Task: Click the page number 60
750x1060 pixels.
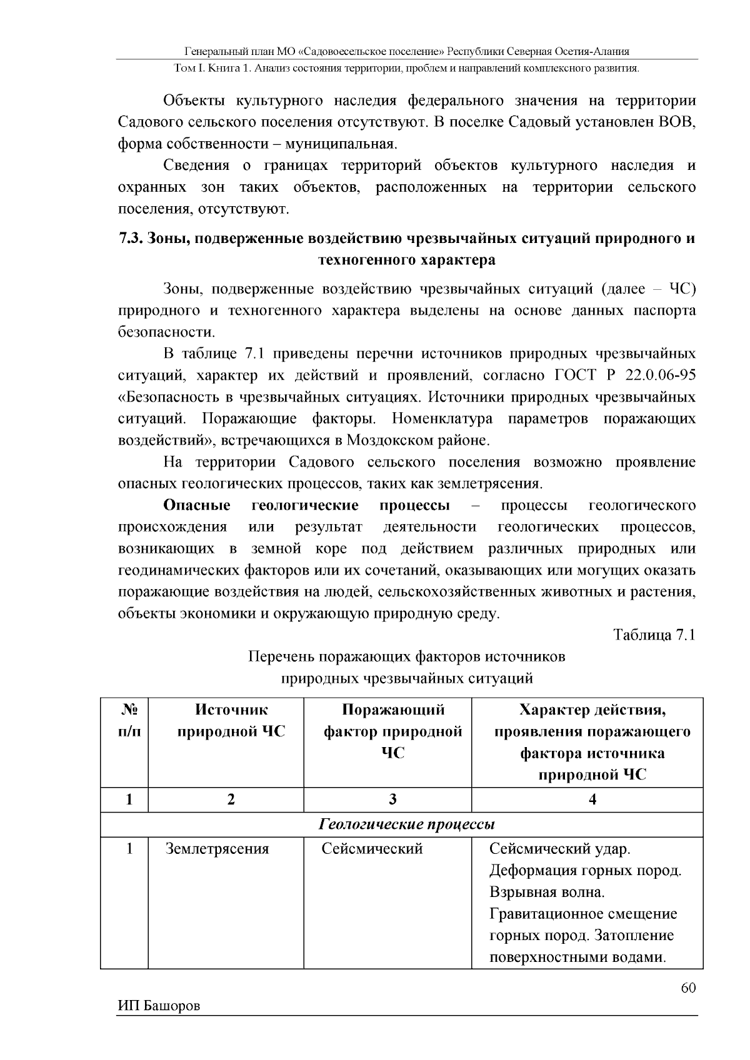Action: tap(687, 987)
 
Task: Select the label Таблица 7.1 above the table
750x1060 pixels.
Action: tap(654, 635)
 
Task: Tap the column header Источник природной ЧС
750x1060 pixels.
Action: tap(231, 721)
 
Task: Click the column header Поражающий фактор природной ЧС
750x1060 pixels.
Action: tap(392, 731)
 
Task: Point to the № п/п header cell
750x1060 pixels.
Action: tap(129, 721)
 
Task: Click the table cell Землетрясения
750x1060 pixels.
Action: tap(217, 849)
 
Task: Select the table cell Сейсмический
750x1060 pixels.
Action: tap(372, 849)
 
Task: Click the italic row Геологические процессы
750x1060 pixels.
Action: tap(407, 825)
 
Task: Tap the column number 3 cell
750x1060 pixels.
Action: tap(392, 800)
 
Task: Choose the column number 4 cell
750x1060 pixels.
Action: tap(592, 800)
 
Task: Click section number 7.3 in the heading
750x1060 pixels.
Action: tap(131, 239)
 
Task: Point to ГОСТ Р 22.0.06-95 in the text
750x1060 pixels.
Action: tap(624, 375)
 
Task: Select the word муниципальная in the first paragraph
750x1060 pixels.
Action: tap(340, 144)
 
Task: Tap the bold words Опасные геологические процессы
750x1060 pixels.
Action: tap(306, 505)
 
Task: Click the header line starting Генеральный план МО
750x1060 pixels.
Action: tap(407, 52)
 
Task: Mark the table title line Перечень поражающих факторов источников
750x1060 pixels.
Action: tap(407, 656)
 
